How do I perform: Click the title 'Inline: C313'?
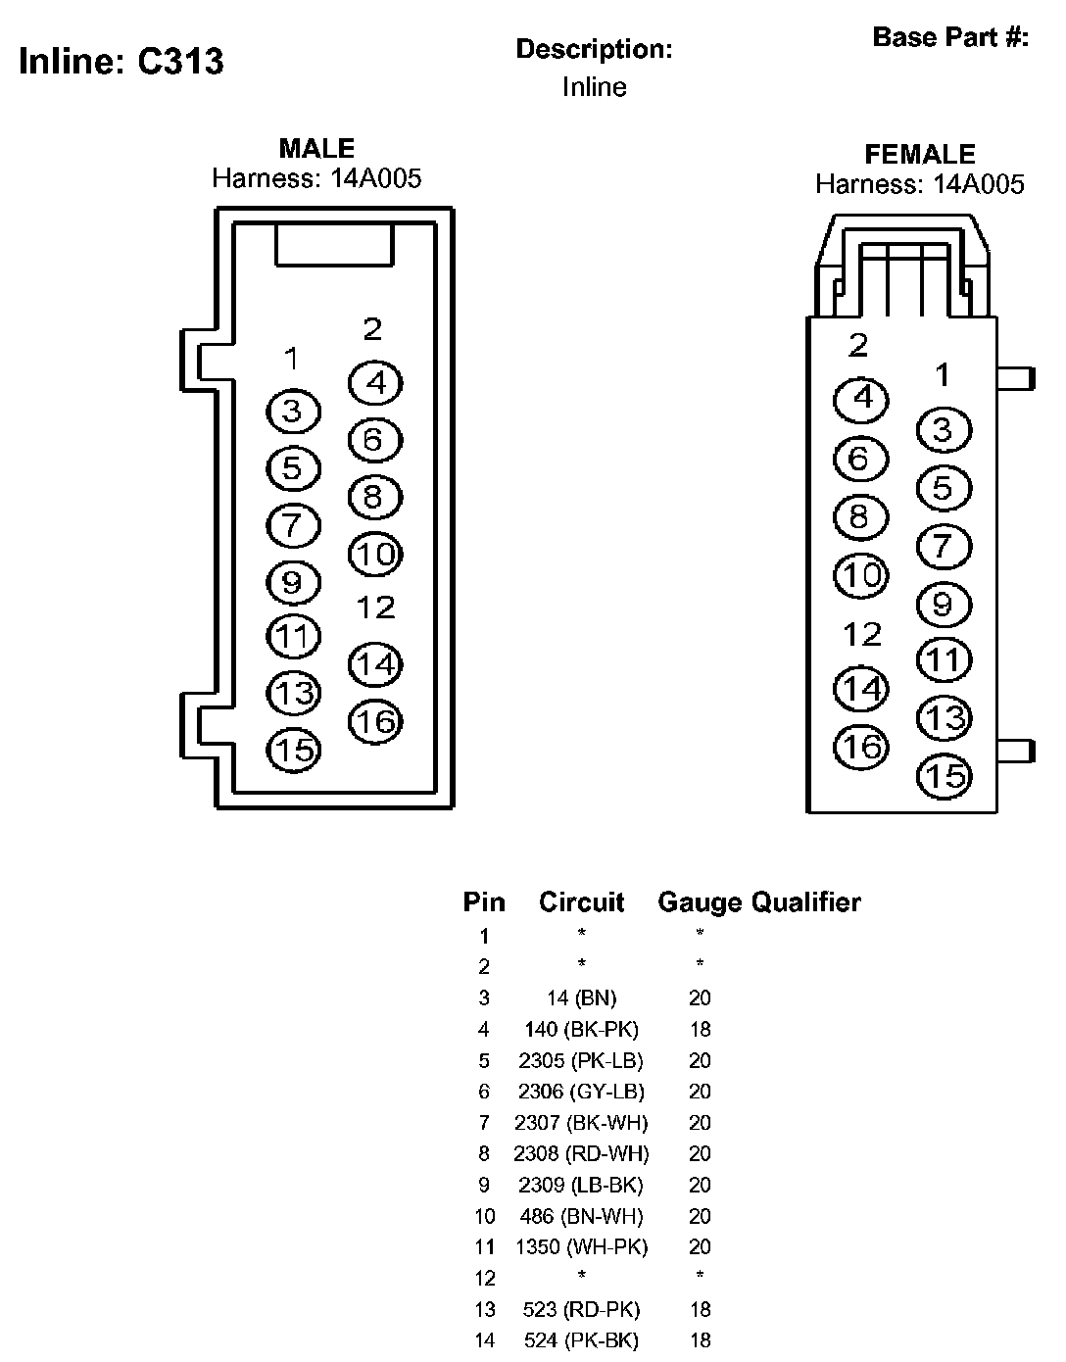click(x=121, y=62)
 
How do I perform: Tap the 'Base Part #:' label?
click(x=949, y=38)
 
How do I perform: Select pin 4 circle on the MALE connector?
click(x=375, y=383)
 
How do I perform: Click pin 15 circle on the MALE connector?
click(x=293, y=751)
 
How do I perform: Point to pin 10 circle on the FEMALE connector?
click(x=860, y=575)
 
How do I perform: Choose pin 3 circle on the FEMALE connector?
click(x=943, y=430)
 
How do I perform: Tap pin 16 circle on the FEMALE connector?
click(x=860, y=748)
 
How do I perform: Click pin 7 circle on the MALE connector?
click(x=293, y=525)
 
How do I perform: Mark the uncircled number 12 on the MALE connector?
click(x=374, y=608)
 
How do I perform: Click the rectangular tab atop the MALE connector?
click(x=333, y=244)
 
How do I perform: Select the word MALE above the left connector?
click(x=316, y=149)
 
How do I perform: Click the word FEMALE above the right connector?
click(x=919, y=155)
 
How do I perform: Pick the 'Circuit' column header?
click(x=581, y=902)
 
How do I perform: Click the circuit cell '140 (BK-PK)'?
click(x=581, y=1030)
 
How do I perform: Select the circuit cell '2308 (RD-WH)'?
click(x=581, y=1154)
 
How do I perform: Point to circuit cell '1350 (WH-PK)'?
click(x=581, y=1247)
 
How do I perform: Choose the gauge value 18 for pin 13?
click(x=699, y=1310)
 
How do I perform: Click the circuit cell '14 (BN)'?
click(x=581, y=998)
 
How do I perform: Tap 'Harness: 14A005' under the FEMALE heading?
click(x=919, y=184)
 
